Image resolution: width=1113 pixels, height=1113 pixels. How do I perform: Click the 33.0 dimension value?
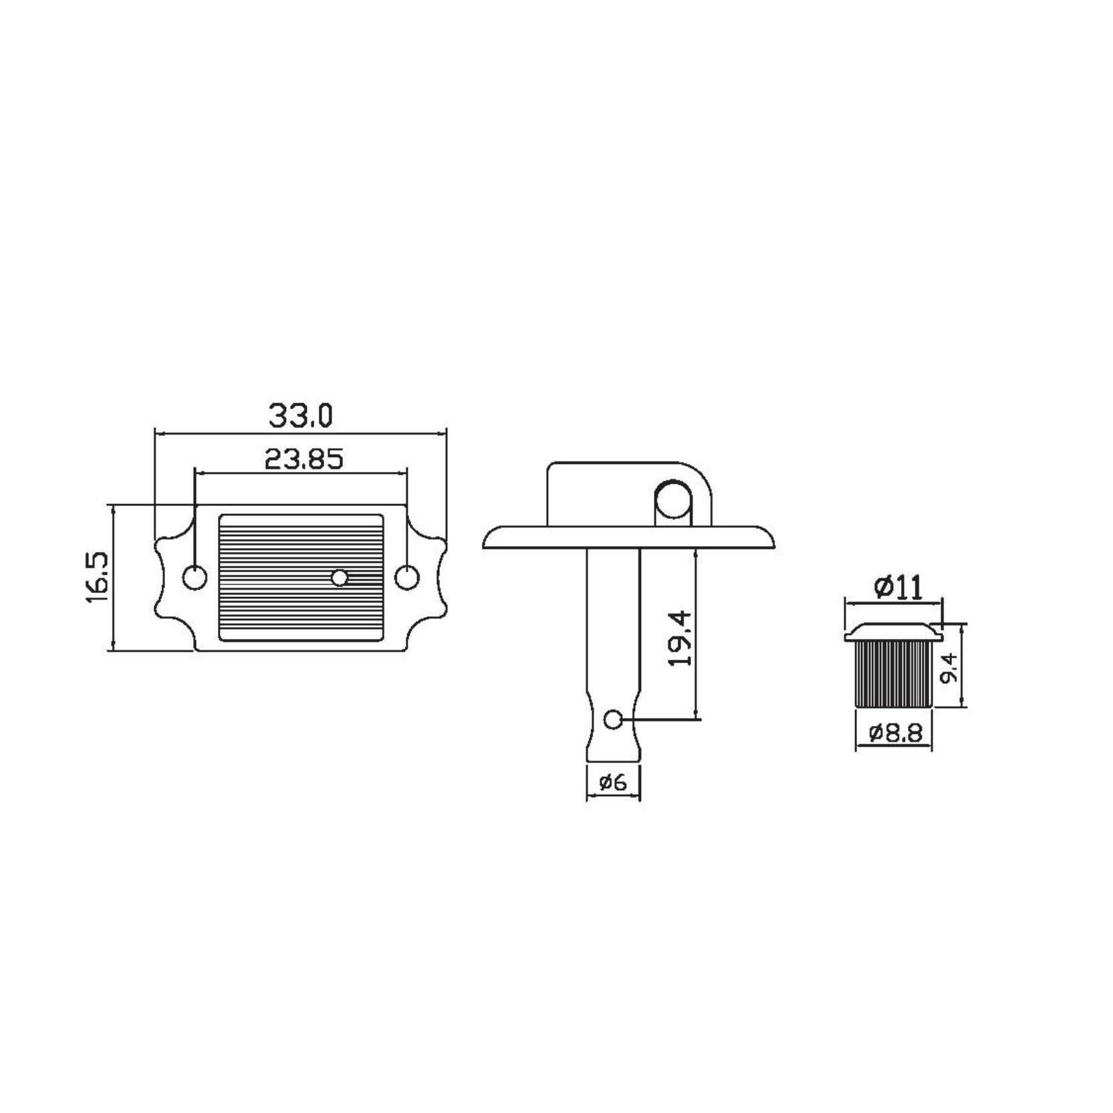[x=300, y=416]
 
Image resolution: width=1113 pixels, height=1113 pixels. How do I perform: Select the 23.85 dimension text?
[x=303, y=459]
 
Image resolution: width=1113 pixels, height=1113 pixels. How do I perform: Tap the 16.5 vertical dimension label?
[x=98, y=578]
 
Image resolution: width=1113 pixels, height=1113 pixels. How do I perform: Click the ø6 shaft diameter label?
[x=613, y=781]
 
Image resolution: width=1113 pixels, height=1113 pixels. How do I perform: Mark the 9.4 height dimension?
[x=949, y=668]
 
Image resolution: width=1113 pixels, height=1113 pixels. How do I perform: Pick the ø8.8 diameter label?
[x=896, y=733]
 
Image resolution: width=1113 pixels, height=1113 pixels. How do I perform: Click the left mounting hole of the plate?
[x=195, y=578]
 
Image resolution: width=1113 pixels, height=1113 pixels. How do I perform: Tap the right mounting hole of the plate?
[x=406, y=578]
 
